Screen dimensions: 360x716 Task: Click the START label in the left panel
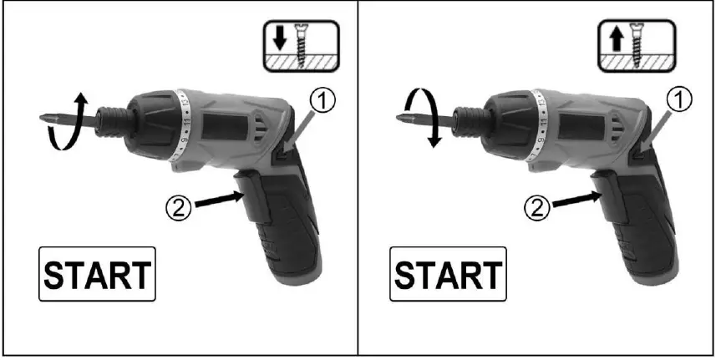point(98,275)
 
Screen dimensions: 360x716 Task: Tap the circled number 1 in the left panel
point(324,101)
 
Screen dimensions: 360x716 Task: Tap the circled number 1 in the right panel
point(683,101)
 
